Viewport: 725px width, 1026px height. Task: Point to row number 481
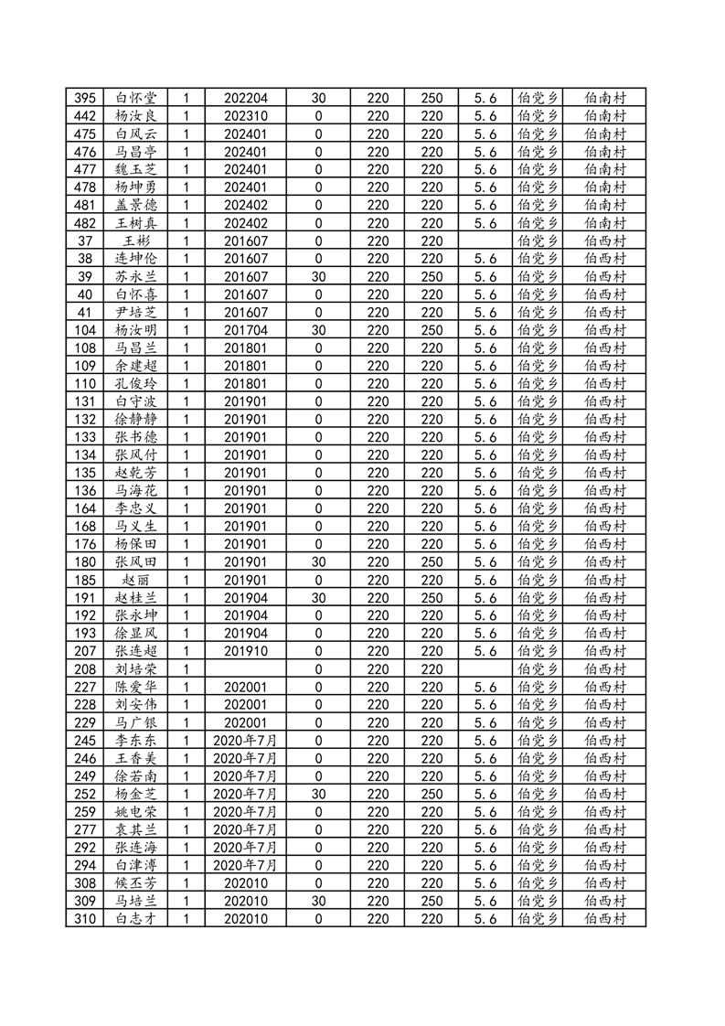click(85, 206)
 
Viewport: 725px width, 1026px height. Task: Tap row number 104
click(85, 330)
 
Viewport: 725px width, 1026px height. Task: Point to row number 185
click(85, 580)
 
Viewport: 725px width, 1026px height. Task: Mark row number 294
click(85, 865)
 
